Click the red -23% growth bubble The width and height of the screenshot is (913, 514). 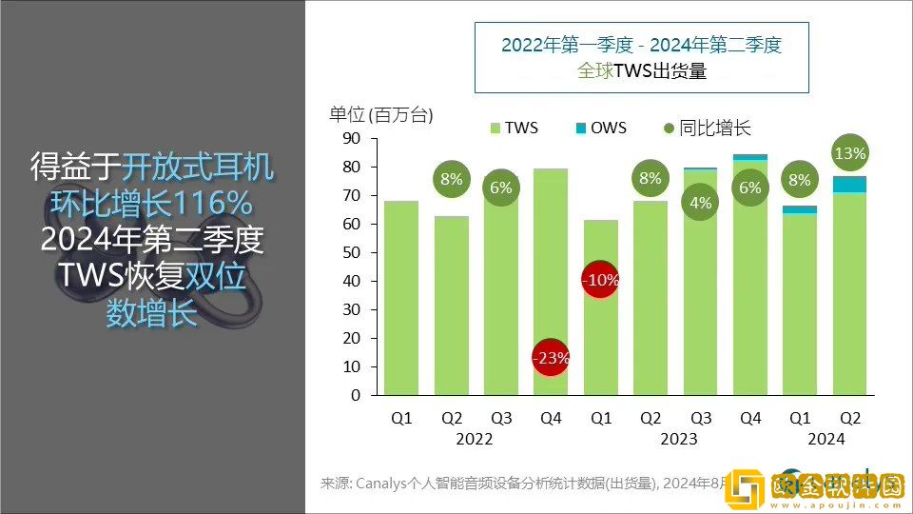tap(551, 359)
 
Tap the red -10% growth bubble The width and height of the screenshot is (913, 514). tap(600, 281)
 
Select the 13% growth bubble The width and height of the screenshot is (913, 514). tap(849, 153)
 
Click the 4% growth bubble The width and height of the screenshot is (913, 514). tap(701, 203)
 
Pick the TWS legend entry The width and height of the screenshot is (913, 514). tap(514, 128)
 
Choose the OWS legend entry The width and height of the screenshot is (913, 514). tap(601, 128)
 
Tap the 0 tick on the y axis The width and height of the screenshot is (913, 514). tap(356, 395)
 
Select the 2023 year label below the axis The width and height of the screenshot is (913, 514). tap(676, 439)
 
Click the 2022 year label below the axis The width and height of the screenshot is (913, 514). tap(475, 439)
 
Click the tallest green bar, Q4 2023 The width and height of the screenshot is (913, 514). tap(750, 286)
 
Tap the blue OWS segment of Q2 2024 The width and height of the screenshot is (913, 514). tap(849, 184)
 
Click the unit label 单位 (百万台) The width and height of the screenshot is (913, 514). tap(380, 116)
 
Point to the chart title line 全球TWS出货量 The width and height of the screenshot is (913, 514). tap(641, 70)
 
